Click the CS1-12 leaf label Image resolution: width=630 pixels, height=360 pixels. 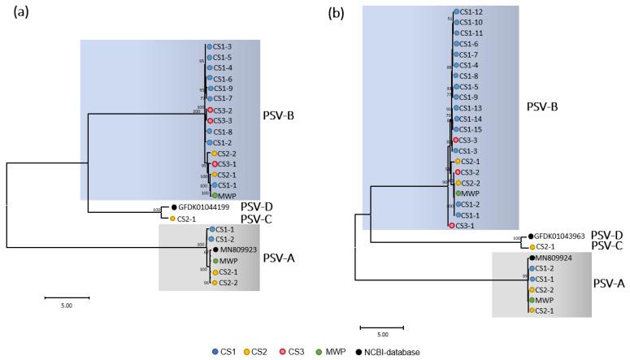coord(472,12)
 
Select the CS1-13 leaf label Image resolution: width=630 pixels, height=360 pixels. coord(472,108)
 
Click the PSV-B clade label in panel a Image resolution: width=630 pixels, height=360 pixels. coord(281,115)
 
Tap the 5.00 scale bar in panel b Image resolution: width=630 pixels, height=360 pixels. coord(381,328)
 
